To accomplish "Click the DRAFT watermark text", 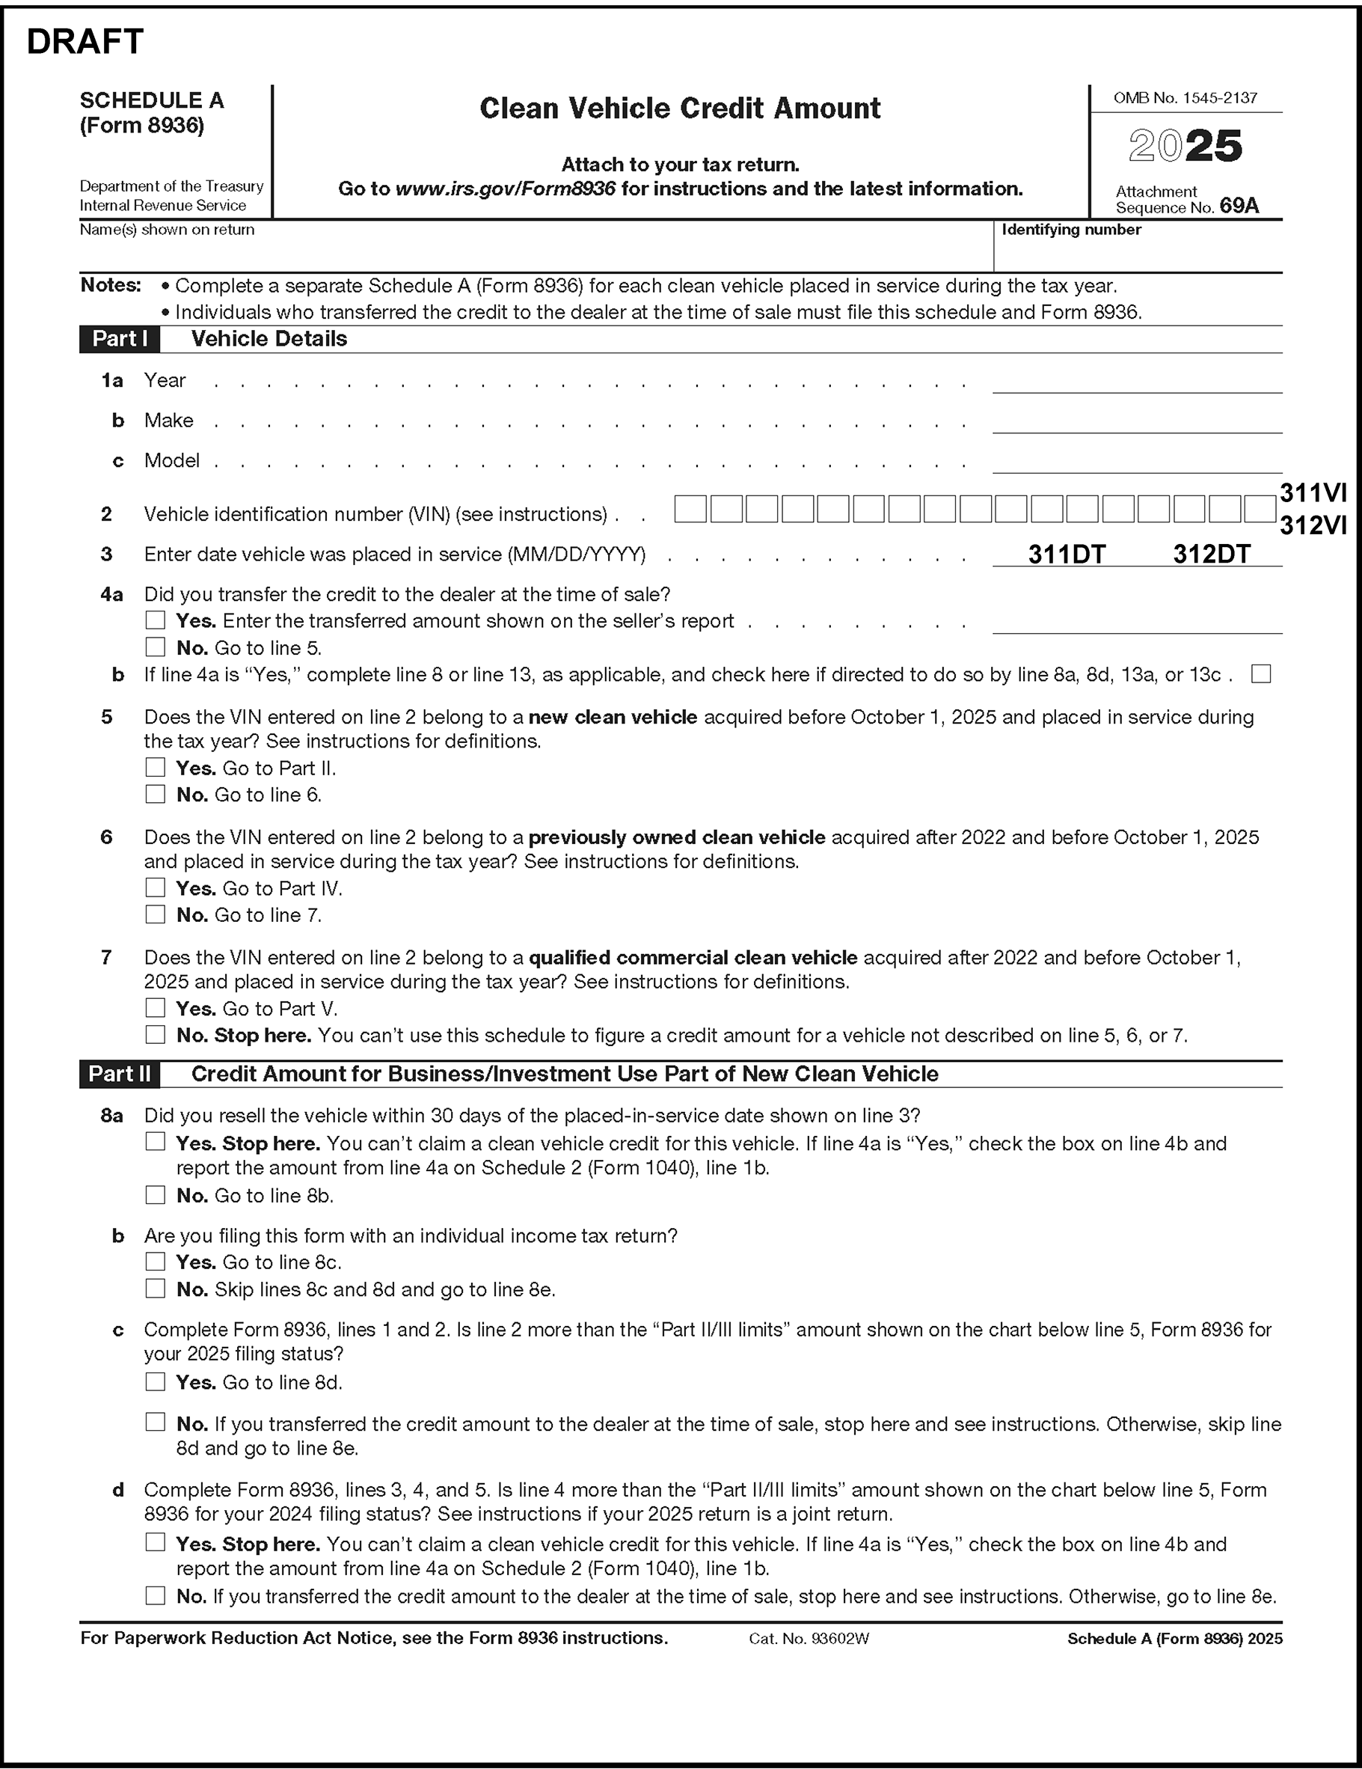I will tap(85, 41).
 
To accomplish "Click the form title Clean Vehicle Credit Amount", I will tap(679, 109).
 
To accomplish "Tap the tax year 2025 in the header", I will tap(1185, 146).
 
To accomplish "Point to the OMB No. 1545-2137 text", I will tap(1185, 98).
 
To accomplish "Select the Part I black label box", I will tap(120, 338).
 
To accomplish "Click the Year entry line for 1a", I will tap(1137, 382).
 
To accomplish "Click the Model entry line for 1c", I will tap(1137, 462).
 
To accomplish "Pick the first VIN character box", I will tap(690, 510).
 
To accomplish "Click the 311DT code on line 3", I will tap(1067, 554).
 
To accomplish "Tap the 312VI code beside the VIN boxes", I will tap(1313, 525).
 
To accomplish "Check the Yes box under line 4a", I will tap(155, 620).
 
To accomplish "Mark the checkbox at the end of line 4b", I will tap(1261, 674).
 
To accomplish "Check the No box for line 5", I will tap(155, 794).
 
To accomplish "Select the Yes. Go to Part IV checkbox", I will tap(155, 887).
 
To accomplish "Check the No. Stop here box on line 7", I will tap(155, 1034).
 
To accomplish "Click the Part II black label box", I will tap(120, 1074).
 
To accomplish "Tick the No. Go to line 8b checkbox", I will tap(155, 1195).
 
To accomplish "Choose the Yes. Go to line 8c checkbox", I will tap(155, 1261).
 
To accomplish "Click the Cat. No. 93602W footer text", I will tap(809, 1639).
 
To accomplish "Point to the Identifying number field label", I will tap(1071, 230).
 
